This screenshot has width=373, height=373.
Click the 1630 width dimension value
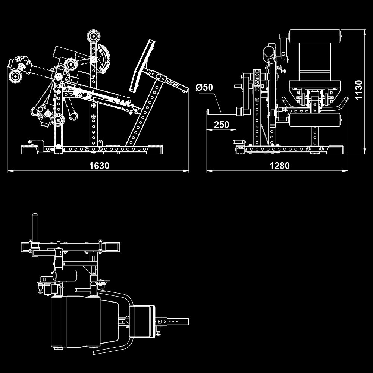[99, 166]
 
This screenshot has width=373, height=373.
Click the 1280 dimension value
[279, 166]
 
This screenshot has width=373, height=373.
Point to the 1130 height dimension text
[358, 90]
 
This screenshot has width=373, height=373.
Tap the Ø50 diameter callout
[204, 87]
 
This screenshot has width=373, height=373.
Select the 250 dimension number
[222, 125]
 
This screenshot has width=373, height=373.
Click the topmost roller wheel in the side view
[93, 37]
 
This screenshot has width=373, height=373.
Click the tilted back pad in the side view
[142, 66]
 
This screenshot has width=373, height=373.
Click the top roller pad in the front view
[315, 37]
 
